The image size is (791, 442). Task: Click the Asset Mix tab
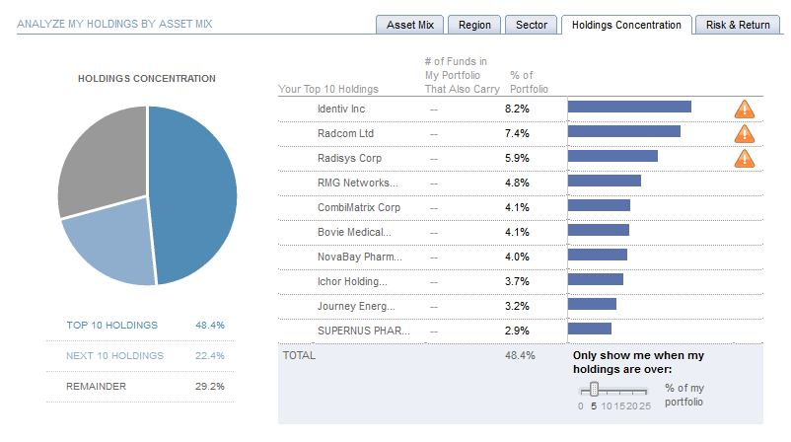coord(409,25)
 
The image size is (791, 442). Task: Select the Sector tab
coord(532,25)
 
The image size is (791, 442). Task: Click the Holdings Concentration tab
coord(626,25)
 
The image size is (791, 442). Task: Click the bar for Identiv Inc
coord(629,108)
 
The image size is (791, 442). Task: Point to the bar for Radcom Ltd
coord(624,132)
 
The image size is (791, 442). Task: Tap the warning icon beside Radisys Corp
coord(745,158)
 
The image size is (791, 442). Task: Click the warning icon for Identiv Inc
coord(745,109)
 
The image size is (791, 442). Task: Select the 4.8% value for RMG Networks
coord(517,183)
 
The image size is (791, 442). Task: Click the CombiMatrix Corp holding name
coord(359,207)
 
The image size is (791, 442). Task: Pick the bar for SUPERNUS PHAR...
coord(590,330)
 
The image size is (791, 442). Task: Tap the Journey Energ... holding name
coord(356,306)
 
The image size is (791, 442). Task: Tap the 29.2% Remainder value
coord(211,386)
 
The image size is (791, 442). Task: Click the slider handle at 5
coord(594,390)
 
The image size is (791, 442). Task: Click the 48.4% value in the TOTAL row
coord(519,354)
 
